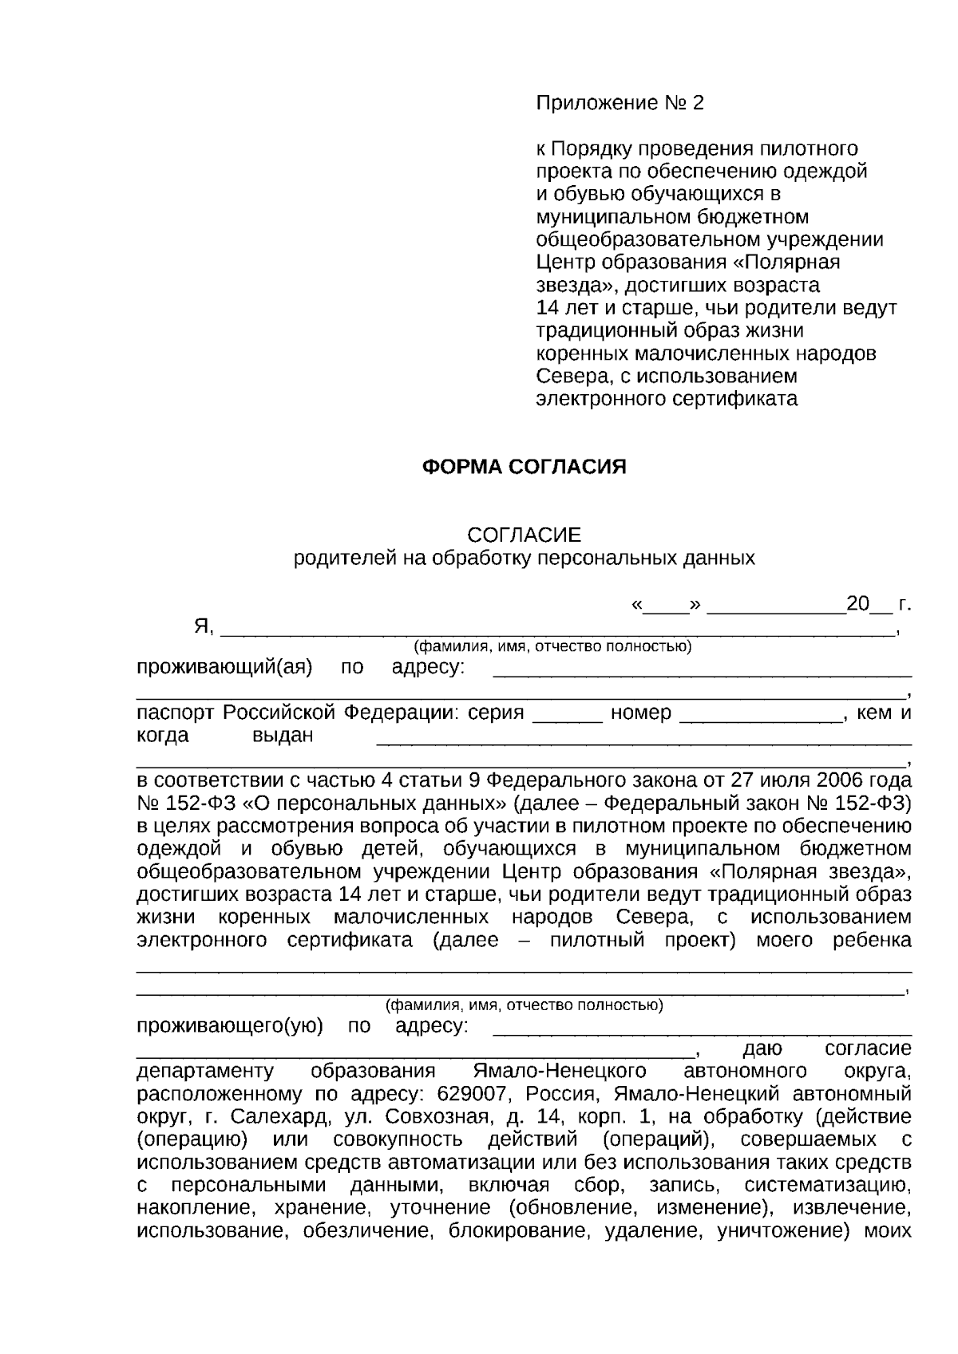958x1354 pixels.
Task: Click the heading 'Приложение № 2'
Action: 620,103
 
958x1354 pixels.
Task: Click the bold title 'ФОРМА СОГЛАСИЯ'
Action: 524,467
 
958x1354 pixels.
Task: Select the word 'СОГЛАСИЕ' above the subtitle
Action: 524,535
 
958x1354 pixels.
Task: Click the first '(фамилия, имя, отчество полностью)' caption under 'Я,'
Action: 551,646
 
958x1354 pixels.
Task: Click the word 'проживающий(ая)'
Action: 224,667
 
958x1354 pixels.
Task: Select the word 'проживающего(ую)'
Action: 230,1026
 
